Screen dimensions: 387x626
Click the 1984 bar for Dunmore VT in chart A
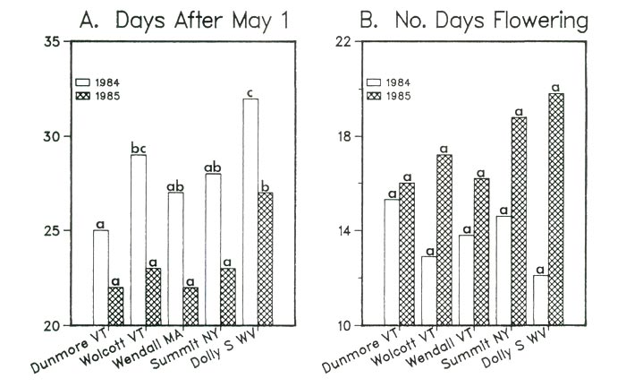[x=101, y=277]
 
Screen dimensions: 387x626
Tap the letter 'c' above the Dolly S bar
[x=251, y=91]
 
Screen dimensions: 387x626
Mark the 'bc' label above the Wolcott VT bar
[x=138, y=147]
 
